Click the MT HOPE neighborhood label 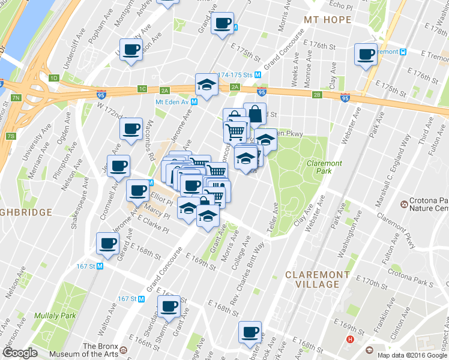click(327, 20)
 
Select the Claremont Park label click(324, 167)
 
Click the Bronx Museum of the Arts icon click(123, 350)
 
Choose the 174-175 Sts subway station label click(235, 75)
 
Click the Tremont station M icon click(404, 52)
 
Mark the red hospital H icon click(351, 339)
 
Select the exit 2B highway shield click(317, 95)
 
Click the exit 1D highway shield click(53, 78)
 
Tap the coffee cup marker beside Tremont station click(366, 55)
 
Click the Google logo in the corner click(20, 353)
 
